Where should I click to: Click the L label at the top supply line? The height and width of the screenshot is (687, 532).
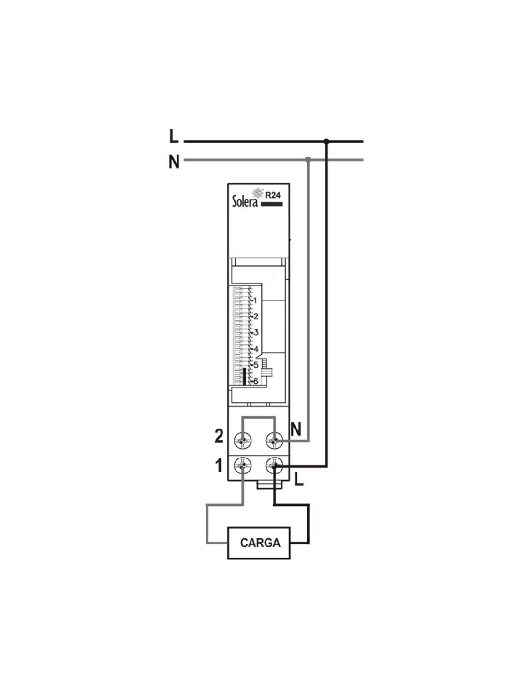click(174, 137)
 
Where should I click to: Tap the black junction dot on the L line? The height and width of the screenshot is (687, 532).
click(327, 141)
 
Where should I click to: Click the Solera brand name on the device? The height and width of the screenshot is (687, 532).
click(245, 201)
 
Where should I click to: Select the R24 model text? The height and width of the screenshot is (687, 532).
click(273, 195)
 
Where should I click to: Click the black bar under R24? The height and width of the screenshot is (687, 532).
click(271, 204)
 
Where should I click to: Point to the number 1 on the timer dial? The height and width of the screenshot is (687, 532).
click(255, 300)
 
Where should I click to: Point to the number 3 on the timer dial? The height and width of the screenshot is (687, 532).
click(256, 332)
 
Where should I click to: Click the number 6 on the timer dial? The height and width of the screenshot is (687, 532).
click(256, 381)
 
